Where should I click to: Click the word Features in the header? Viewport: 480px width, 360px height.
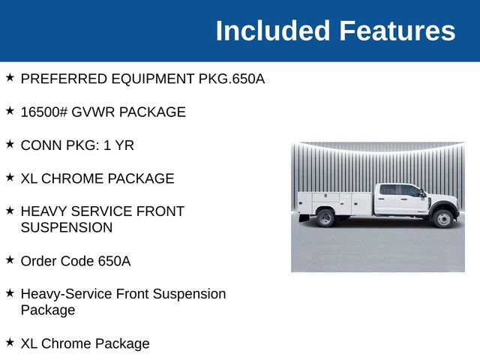coord(397,31)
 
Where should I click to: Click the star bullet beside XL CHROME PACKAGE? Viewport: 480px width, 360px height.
coord(10,178)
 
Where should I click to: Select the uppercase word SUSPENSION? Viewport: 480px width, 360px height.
coord(67,227)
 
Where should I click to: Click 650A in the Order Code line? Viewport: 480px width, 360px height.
coord(114,261)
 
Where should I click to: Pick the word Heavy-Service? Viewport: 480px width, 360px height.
coord(67,294)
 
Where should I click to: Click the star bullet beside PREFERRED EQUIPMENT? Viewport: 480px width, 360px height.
coord(10,78)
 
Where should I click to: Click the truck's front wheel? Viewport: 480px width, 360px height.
coord(442,217)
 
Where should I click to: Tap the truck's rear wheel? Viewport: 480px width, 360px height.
coord(325,217)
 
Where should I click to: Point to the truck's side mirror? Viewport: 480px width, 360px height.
coord(423,195)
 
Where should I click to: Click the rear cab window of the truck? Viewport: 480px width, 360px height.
coord(390,190)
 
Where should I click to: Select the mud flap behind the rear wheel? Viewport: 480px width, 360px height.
coord(304,218)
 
